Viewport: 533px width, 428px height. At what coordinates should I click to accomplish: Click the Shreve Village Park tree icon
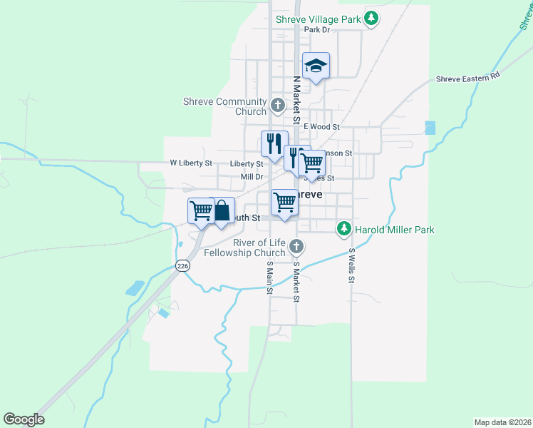tap(371, 19)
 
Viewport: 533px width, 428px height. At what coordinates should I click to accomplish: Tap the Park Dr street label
tap(317, 30)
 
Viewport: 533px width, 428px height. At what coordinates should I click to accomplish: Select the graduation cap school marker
tap(316, 66)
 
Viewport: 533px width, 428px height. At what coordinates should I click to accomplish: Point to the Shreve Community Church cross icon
tap(278, 107)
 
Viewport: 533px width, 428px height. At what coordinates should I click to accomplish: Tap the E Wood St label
tap(321, 126)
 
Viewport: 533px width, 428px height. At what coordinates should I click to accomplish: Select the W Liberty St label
tap(190, 163)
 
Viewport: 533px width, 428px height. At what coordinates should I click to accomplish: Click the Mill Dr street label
tap(252, 176)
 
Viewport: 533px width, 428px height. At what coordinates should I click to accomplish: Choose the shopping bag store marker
tap(222, 210)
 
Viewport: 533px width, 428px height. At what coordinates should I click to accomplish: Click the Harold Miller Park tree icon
tap(344, 229)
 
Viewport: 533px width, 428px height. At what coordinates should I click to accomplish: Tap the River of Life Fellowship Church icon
tap(296, 247)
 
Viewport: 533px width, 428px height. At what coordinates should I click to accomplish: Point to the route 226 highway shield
tap(183, 265)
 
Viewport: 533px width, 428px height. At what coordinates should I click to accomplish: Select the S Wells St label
tap(351, 265)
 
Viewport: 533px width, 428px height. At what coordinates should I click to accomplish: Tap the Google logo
tap(24, 419)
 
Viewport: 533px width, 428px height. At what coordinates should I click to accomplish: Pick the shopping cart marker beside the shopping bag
tap(202, 210)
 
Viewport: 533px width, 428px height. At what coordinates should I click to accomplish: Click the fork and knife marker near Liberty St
tap(274, 144)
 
